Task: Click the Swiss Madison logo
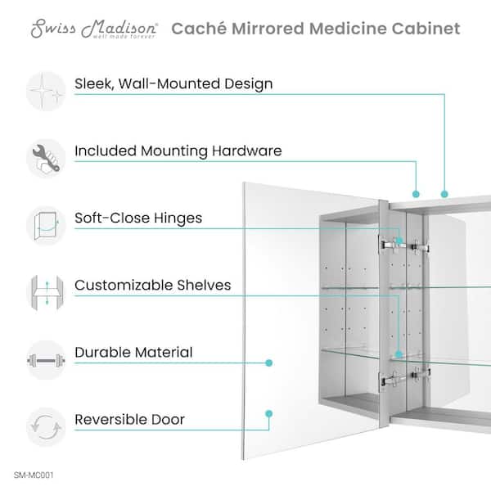(x=94, y=29)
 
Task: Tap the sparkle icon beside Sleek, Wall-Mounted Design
(x=46, y=91)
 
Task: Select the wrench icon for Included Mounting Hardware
(x=46, y=158)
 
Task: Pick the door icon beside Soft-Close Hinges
(x=46, y=226)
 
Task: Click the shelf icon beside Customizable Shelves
(x=47, y=292)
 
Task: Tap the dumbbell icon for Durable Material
(x=46, y=360)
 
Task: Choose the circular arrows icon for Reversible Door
(x=46, y=427)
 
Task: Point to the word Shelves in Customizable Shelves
(x=204, y=285)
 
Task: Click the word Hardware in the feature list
(x=247, y=151)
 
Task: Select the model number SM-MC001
(x=34, y=475)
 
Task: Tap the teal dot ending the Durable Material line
(x=268, y=363)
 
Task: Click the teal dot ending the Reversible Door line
(x=268, y=413)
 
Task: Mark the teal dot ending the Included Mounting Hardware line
(x=416, y=194)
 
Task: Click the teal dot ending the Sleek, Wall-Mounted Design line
(x=444, y=194)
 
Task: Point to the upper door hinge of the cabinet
(x=403, y=245)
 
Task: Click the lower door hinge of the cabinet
(x=406, y=376)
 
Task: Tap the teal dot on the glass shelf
(x=399, y=354)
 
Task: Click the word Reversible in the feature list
(x=111, y=420)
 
